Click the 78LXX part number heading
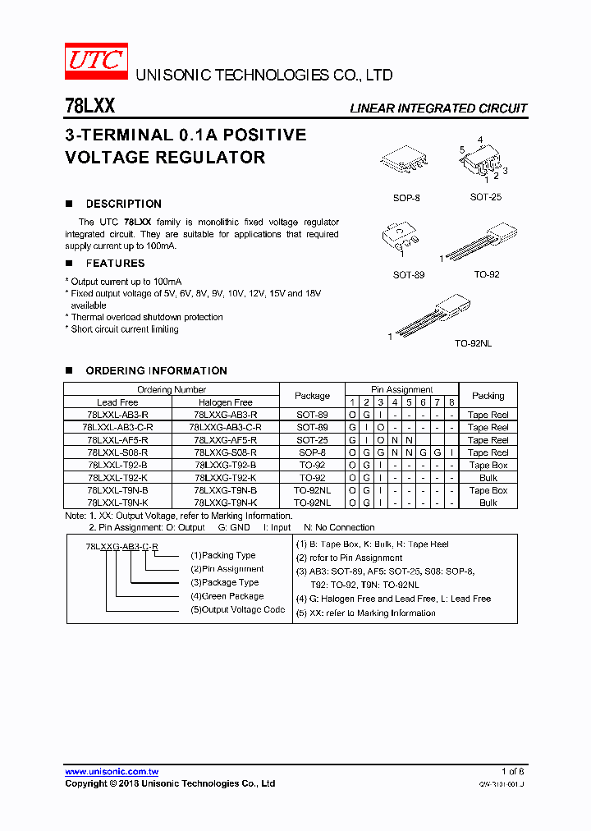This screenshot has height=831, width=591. (89, 107)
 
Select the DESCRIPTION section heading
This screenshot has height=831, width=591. (123, 204)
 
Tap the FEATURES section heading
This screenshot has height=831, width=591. (115, 264)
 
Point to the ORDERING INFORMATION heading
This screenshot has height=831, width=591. (156, 370)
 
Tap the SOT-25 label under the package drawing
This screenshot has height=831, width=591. (485, 197)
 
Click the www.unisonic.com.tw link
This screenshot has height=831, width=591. (112, 772)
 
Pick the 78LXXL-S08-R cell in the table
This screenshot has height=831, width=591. (117, 452)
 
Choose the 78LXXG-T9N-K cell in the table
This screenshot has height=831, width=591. (226, 503)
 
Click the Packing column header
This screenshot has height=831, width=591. (488, 396)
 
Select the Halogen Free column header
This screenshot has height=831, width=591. (226, 402)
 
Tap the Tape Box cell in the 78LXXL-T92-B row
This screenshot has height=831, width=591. (488, 465)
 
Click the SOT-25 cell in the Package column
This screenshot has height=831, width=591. (312, 440)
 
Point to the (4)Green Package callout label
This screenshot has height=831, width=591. (227, 596)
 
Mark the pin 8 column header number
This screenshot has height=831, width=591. (451, 402)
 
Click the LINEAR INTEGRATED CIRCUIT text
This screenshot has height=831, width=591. (438, 108)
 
